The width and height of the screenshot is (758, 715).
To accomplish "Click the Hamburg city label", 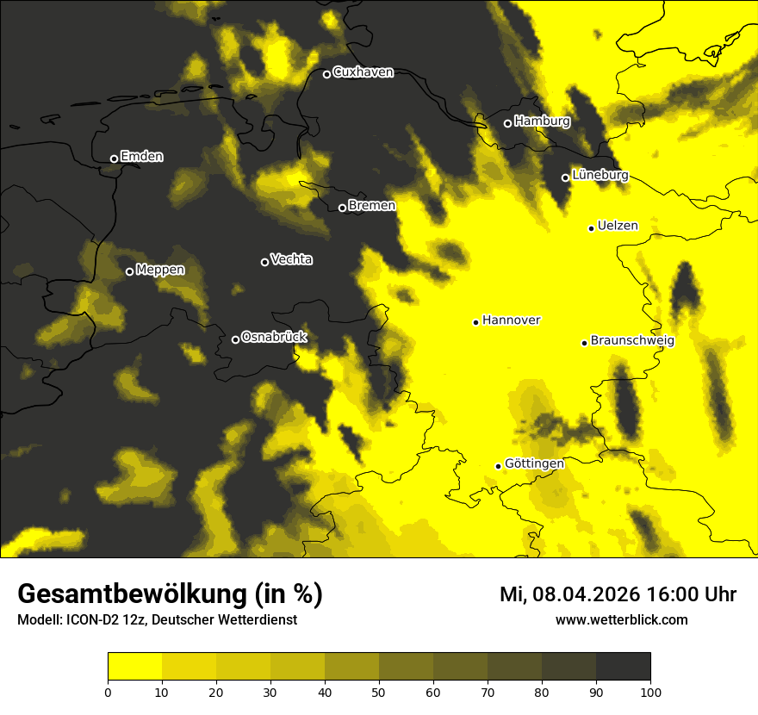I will (x=542, y=121).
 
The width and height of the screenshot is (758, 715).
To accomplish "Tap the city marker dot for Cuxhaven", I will (x=326, y=74).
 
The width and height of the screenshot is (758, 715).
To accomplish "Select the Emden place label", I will (x=141, y=157).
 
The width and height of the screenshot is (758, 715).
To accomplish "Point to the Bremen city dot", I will (x=342, y=208).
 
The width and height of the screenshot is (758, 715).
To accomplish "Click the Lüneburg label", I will (x=600, y=175).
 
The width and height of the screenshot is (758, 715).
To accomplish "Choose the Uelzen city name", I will (x=618, y=226).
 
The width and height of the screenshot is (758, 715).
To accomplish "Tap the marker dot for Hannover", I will (x=475, y=322).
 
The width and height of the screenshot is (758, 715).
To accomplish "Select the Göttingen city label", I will (x=534, y=463).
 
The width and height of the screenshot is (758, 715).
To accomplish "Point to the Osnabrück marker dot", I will (x=235, y=339).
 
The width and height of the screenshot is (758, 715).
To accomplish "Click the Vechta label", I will (x=291, y=259).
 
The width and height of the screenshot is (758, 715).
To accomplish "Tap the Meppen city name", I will (x=160, y=270).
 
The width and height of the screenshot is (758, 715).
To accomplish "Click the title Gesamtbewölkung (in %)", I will (x=170, y=594).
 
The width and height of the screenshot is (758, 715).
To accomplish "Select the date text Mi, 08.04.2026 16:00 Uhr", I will (x=618, y=594).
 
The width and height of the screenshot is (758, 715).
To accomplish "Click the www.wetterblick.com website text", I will (x=621, y=619).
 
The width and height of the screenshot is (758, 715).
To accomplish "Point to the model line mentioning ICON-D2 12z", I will (x=157, y=619).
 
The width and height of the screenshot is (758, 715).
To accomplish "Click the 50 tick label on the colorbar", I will (x=379, y=691).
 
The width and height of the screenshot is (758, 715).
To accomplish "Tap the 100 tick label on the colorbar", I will (x=650, y=691).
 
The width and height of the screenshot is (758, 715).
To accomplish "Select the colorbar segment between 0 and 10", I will (x=135, y=667).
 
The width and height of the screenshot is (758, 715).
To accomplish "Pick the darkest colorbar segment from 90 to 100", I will (x=623, y=667).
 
